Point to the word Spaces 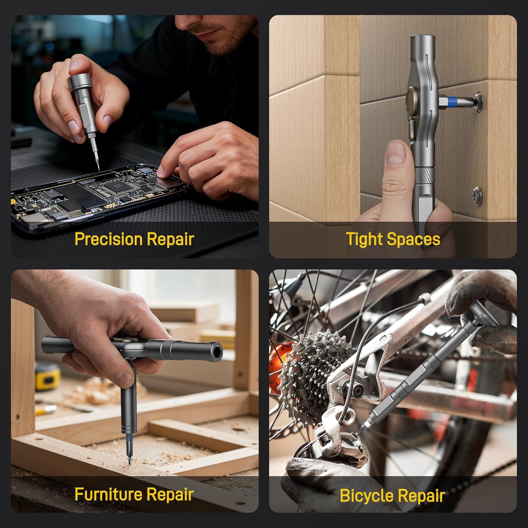click(x=414, y=240)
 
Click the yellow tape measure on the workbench click(x=48, y=376)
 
